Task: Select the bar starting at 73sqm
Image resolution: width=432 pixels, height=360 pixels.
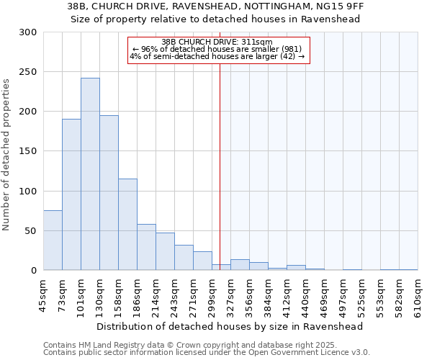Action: tap(71, 194)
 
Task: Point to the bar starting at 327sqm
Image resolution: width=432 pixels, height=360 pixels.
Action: tap(240, 265)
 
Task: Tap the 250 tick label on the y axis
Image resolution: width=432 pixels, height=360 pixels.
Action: tap(27, 72)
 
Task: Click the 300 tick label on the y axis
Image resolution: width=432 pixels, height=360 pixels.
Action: tap(27, 32)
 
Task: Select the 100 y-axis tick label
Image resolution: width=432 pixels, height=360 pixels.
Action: tap(27, 192)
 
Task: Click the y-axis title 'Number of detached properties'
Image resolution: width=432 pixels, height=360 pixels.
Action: tap(7, 155)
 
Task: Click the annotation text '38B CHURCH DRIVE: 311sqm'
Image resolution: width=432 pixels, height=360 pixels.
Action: tap(217, 42)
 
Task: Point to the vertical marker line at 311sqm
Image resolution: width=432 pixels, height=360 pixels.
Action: tap(220, 166)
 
